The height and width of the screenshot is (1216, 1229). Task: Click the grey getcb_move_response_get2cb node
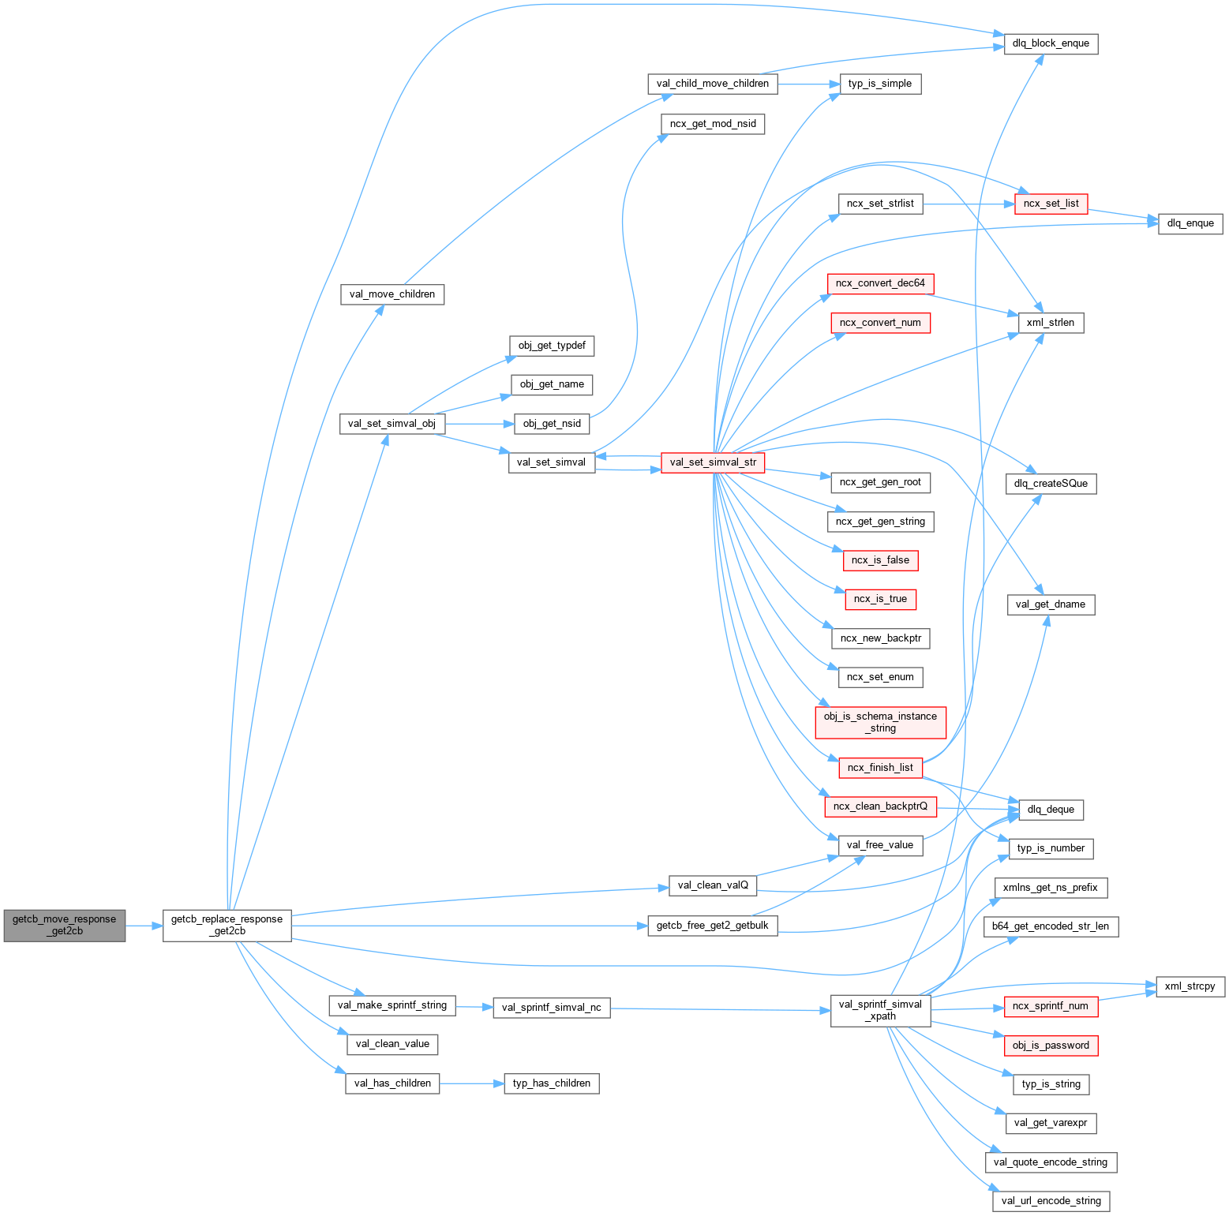click(64, 925)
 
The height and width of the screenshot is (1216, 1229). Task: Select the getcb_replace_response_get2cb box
click(227, 925)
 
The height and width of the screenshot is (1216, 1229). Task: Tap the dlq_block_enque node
click(1051, 43)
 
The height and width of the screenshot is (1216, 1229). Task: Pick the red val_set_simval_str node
click(713, 462)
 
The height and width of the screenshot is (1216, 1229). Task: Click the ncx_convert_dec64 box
click(880, 283)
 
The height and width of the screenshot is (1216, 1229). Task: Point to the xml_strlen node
click(1050, 323)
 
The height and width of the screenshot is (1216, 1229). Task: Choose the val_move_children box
click(392, 294)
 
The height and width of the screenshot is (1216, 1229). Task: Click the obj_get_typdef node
click(552, 346)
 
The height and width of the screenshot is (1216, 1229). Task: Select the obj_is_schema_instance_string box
click(880, 722)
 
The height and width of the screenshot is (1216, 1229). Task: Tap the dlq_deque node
click(1051, 809)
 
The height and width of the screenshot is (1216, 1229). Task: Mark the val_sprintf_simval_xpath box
click(880, 1010)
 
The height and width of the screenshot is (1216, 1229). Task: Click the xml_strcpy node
click(1190, 986)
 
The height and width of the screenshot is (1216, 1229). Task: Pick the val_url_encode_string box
click(1051, 1201)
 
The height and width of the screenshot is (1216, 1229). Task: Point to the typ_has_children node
click(552, 1083)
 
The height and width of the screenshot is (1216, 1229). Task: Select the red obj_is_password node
click(1051, 1046)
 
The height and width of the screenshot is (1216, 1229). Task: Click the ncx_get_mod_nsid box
click(713, 124)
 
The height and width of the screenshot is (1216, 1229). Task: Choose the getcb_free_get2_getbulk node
click(712, 926)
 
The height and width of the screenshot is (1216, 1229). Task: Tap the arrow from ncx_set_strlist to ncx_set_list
click(969, 204)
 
